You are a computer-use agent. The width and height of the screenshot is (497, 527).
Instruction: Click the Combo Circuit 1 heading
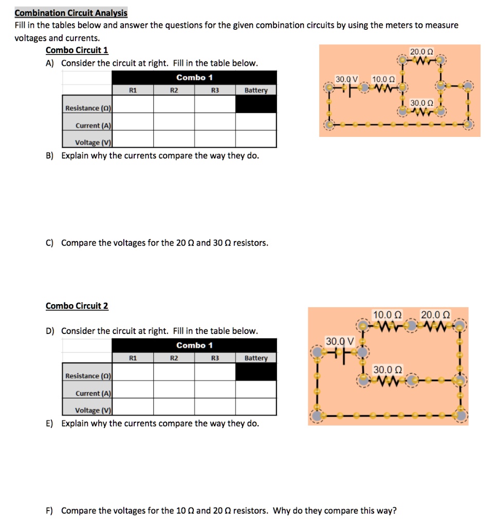[x=77, y=50]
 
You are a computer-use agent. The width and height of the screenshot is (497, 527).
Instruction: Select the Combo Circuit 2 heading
[x=77, y=306]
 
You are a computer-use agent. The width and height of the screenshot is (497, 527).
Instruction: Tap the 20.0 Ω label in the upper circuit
[x=421, y=51]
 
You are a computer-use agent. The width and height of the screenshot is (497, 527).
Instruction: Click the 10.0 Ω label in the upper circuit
[x=383, y=79]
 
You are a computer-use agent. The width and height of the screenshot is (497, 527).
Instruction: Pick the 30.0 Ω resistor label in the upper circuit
[x=421, y=103]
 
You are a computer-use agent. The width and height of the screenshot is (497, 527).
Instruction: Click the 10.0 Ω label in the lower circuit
[x=387, y=314]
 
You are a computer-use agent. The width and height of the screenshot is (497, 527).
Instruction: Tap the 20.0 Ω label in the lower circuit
[x=435, y=314]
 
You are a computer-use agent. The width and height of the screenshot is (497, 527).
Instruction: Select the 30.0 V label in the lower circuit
[x=340, y=341]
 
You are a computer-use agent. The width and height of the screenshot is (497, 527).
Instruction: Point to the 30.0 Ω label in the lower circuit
[x=388, y=370]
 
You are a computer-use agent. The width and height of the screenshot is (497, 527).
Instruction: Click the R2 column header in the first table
[x=174, y=90]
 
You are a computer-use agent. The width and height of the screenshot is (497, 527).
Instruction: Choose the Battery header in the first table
[x=256, y=90]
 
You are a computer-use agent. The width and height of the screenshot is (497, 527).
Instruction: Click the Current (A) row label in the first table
[x=94, y=126]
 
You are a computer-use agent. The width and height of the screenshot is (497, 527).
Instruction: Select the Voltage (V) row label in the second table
[x=94, y=410]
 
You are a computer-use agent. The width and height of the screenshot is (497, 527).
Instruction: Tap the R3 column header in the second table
[x=215, y=358]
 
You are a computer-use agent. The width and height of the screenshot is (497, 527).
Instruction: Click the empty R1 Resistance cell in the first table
[x=133, y=104]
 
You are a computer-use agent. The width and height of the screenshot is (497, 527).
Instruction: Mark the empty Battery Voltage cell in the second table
[x=256, y=407]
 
